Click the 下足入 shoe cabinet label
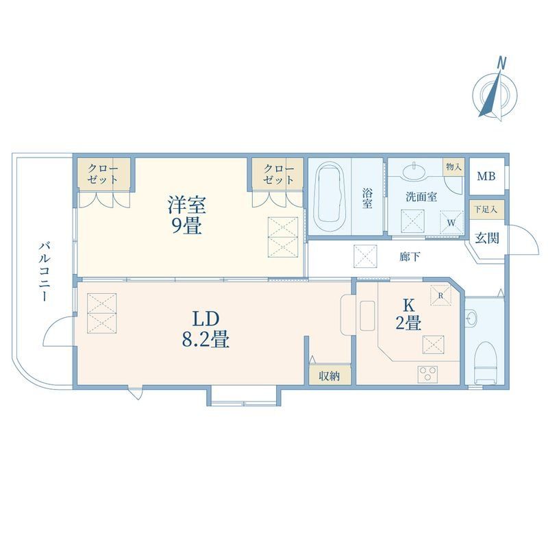[x=487, y=208]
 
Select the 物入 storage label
[x=453, y=166]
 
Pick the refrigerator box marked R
[x=437, y=295]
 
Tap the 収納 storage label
[x=329, y=375]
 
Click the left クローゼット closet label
[x=103, y=174]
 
